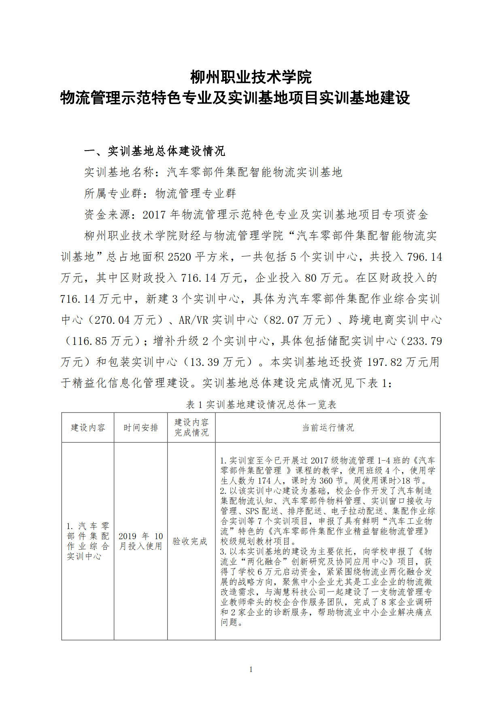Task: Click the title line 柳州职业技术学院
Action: point(251,77)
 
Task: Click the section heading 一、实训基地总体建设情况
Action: point(154,151)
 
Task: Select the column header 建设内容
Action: point(88,427)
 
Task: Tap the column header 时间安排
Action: point(140,427)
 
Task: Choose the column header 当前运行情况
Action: point(328,427)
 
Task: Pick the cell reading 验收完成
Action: point(190,541)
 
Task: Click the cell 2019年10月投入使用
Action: point(140,541)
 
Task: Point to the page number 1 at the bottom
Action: point(251,670)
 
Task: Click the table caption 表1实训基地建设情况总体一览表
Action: point(261,404)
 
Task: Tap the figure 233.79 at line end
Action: point(425,341)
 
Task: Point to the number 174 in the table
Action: point(264,480)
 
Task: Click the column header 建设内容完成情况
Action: point(191,427)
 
